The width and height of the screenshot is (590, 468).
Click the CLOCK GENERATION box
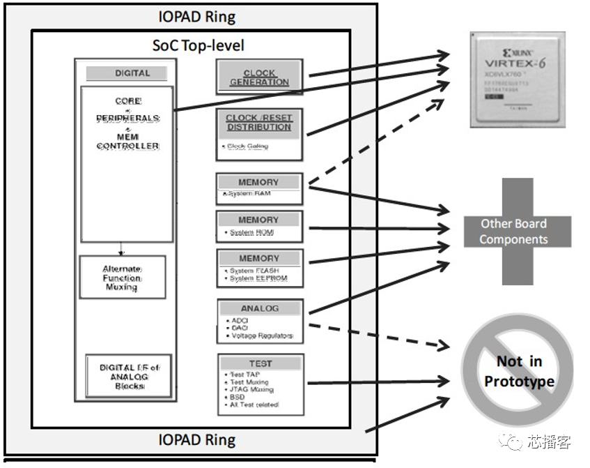pos(259,77)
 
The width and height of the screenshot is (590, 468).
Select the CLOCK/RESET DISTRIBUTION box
pos(259,133)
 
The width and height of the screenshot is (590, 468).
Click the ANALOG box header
pos(259,308)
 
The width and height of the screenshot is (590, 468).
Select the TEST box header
pos(261,363)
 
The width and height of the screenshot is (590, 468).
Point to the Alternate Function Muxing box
pos(122,278)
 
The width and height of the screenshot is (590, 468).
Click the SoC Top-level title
pos(199,45)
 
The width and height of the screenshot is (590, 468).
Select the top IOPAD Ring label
pos(196,16)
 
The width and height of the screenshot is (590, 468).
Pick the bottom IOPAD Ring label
pos(196,440)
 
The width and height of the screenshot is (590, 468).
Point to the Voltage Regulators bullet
pos(261,336)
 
